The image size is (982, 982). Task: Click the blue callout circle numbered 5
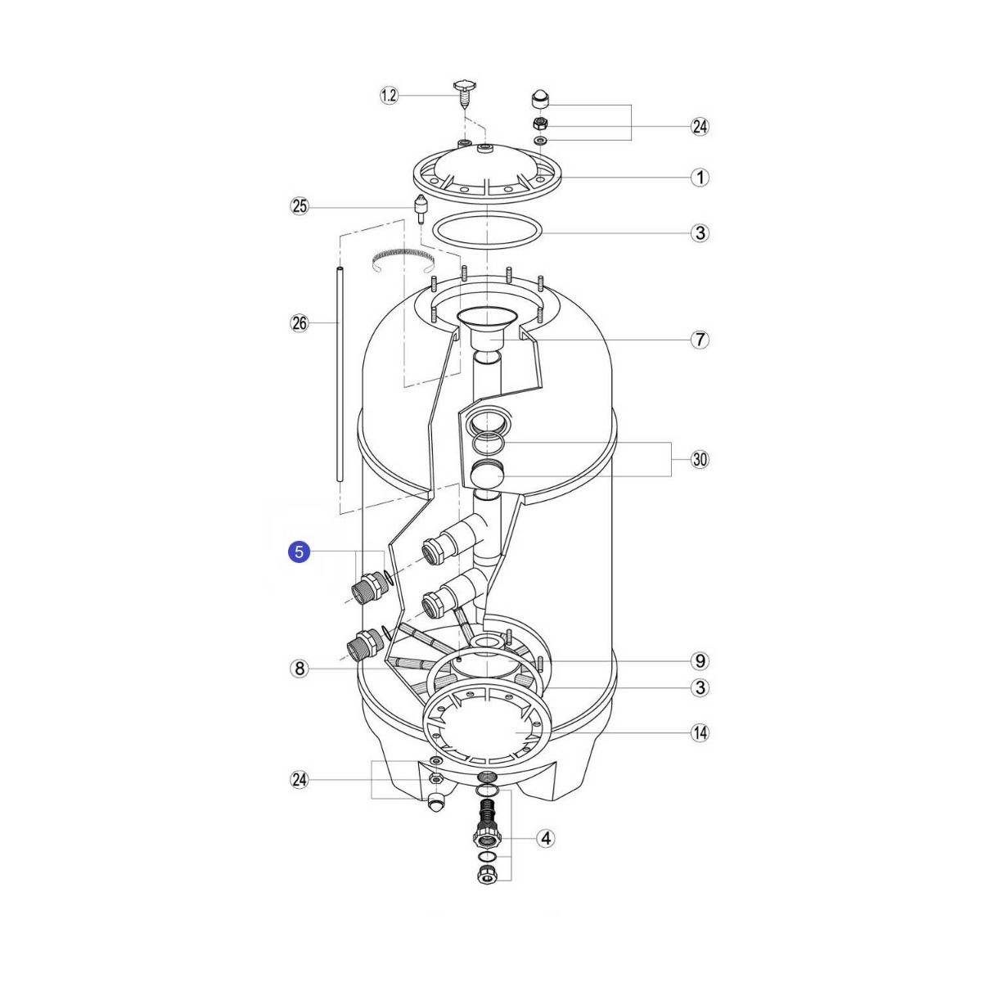pos(300,552)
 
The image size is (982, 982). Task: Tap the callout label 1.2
pos(389,95)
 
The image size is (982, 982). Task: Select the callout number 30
pos(700,459)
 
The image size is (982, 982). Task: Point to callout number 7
pos(700,339)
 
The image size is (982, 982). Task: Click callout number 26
pos(300,322)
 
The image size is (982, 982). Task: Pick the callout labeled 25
pos(300,206)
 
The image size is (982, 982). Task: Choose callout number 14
pos(700,732)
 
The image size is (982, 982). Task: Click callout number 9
pos(700,660)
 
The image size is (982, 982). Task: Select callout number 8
pos(300,668)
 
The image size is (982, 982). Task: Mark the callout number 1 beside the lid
pos(700,178)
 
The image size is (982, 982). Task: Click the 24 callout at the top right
pos(700,126)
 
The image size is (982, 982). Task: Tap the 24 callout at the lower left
pos(300,780)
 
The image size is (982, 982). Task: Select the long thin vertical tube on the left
pos(340,375)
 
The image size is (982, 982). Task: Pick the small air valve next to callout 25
pos(421,209)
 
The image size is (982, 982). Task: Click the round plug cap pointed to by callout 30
pos(487,474)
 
